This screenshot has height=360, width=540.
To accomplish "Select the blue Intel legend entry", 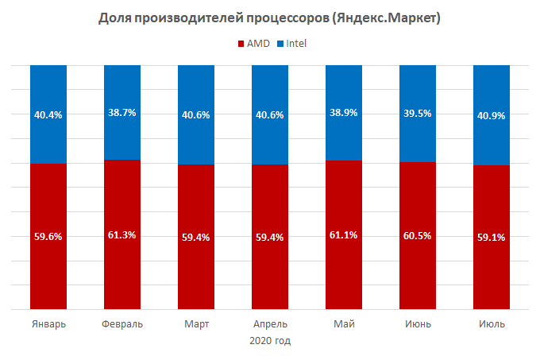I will [x=291, y=43].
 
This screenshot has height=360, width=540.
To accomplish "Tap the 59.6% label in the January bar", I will [x=48, y=236].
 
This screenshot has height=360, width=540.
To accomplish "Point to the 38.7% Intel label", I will [x=122, y=113].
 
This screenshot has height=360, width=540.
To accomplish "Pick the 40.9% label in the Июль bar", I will [x=492, y=114].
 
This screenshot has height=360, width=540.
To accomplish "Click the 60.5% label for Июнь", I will [x=418, y=235].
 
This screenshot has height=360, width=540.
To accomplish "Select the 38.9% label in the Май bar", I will [x=344, y=113].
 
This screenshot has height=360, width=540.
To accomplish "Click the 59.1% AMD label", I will [x=492, y=236].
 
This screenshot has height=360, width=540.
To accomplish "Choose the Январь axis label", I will [x=48, y=324].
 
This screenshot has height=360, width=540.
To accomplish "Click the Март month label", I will [x=196, y=324].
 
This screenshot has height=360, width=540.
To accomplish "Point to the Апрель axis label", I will [x=270, y=324].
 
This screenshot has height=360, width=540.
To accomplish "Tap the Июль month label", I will [x=492, y=324].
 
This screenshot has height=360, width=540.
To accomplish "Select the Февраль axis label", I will [x=122, y=324].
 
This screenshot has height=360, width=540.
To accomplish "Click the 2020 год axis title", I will [x=270, y=341].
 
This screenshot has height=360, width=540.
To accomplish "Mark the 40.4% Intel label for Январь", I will [x=48, y=114].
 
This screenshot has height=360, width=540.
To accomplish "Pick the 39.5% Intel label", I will [x=418, y=114].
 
